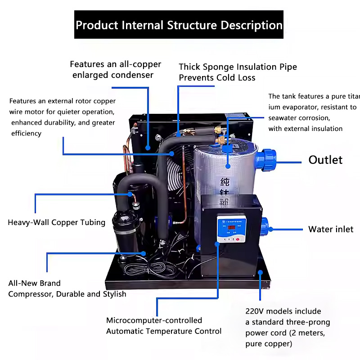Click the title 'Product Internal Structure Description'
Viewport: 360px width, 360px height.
[179, 25]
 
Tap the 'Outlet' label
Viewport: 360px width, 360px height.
[325, 160]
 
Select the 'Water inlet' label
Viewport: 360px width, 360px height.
[331, 229]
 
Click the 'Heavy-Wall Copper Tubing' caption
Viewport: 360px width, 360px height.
[56, 222]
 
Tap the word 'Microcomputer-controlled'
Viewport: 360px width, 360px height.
[154, 320]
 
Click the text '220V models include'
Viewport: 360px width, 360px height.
[283, 311]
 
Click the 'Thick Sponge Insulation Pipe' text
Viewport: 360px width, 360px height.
[238, 67]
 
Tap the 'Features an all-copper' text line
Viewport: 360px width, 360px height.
[115, 64]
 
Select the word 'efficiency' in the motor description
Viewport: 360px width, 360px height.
[26, 133]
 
